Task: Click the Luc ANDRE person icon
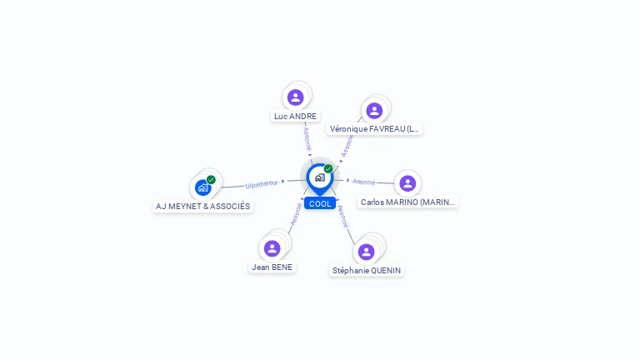pos(295,97)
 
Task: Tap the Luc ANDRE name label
pos(295,117)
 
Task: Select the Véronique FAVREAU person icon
pos(374,111)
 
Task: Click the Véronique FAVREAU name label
pos(374,129)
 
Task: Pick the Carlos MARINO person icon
pos(407,183)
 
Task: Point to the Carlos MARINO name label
pos(407,202)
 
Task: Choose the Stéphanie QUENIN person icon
pos(366,252)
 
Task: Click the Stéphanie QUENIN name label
pos(367,271)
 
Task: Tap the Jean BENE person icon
pos(272,248)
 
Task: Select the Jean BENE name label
pos(272,267)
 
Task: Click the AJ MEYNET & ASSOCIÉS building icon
pos(202,187)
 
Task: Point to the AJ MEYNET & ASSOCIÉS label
pos(202,207)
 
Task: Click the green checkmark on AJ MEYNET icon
pos(211,180)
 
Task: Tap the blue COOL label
pos(320,203)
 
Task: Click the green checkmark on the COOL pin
pos(328,168)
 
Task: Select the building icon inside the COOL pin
pos(320,177)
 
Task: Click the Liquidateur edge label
pos(262,184)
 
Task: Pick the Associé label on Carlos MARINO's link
pos(363,182)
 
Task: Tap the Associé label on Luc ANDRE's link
pos(307,139)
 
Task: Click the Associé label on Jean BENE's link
pos(296,214)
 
